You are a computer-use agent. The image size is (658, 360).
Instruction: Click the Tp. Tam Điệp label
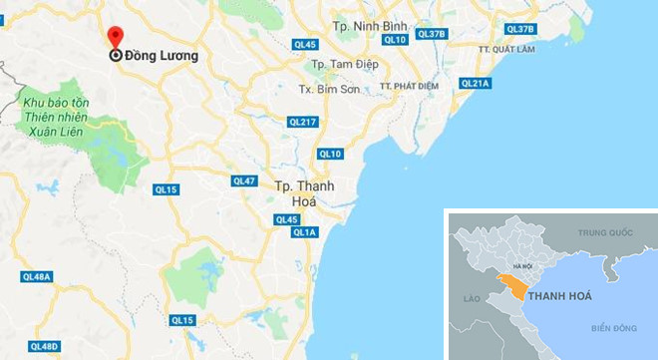pos(345,65)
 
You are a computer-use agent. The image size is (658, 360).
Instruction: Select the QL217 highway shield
pos(302,122)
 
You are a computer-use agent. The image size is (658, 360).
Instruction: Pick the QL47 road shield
pos(244,180)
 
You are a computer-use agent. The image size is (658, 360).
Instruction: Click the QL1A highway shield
pos(304,232)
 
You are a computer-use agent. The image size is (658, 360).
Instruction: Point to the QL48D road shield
pos(45,346)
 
